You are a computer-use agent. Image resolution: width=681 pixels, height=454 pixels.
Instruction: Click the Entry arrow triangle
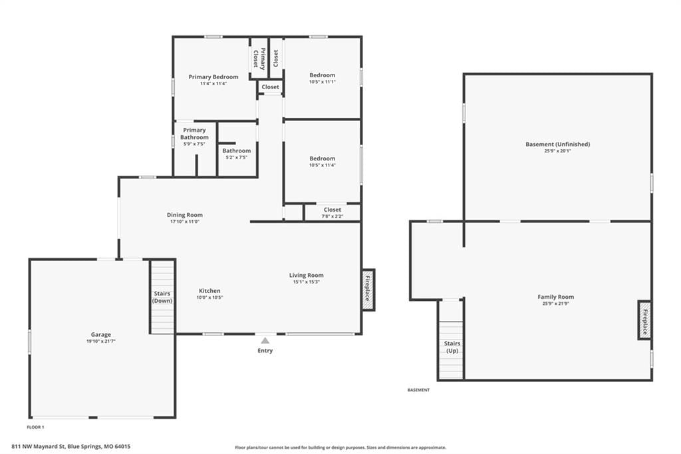pos(265,341)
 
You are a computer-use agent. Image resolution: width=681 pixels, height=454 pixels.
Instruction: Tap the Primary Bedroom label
pos(213,77)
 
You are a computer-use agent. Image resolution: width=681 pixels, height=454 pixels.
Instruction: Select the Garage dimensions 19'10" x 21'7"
pos(101,341)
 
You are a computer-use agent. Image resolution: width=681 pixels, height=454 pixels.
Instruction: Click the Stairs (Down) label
pos(162,297)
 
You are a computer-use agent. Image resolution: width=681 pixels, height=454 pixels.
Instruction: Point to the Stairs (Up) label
pos(452,347)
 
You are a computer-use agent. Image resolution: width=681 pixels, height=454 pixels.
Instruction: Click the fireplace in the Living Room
pos(368,290)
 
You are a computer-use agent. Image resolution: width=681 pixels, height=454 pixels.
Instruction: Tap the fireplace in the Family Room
pos(644,320)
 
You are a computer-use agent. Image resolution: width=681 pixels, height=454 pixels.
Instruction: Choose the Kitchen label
pos(209,291)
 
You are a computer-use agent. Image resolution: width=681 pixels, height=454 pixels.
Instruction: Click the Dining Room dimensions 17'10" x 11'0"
pos(185,222)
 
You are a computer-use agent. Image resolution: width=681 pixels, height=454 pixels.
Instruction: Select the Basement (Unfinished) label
pos(558,144)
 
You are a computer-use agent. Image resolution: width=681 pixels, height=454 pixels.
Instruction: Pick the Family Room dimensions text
pos(556,304)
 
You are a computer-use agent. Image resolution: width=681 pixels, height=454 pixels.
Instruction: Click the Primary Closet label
pos(259,59)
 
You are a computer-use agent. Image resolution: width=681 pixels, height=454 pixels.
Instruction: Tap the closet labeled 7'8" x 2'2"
pos(333,212)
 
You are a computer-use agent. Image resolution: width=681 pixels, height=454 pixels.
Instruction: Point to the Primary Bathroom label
pos(195,134)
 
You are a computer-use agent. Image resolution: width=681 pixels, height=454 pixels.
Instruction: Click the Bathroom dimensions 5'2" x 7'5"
pos(237,157)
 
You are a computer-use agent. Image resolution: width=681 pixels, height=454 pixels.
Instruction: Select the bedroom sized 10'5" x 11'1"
pos(323,78)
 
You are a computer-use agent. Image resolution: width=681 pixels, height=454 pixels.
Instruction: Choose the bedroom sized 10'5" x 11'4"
pos(323,161)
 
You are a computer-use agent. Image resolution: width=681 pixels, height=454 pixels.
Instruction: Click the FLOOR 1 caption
pos(36,427)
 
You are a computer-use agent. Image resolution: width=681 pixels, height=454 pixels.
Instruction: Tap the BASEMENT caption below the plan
pos(419,390)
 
